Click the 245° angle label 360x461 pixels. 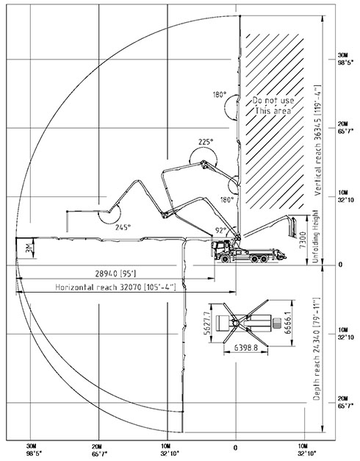point(123,227)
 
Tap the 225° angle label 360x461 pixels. point(206,143)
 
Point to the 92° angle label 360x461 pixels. point(220,231)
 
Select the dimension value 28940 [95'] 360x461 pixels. point(115,274)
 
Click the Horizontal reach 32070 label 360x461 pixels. point(115,287)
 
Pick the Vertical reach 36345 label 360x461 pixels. point(317,140)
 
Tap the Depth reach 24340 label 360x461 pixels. point(316,349)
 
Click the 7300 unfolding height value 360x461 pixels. point(303,240)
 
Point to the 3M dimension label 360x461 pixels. point(29,248)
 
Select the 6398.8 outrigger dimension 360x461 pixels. point(246,348)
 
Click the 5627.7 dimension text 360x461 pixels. point(206,323)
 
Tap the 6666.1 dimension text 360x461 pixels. point(287,323)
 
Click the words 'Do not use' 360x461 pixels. point(273,100)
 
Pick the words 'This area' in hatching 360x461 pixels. point(273,111)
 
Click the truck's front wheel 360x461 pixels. point(226,259)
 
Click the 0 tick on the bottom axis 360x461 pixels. point(235,448)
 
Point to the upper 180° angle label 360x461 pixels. point(220,95)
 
